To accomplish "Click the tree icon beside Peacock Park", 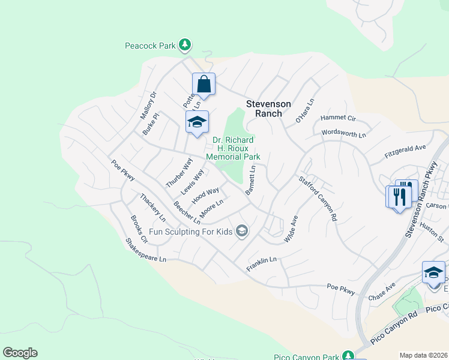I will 185,44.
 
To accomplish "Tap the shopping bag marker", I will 203,85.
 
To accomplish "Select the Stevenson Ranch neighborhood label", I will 268,109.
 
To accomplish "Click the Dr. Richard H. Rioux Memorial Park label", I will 233,148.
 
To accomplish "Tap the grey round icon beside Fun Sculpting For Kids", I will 241,231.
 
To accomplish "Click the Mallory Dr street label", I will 148,104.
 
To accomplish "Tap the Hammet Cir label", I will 338,118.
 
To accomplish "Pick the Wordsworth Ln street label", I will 344,133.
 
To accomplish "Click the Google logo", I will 20,353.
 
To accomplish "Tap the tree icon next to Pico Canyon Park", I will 348,355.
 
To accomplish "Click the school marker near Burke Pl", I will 197,123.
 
